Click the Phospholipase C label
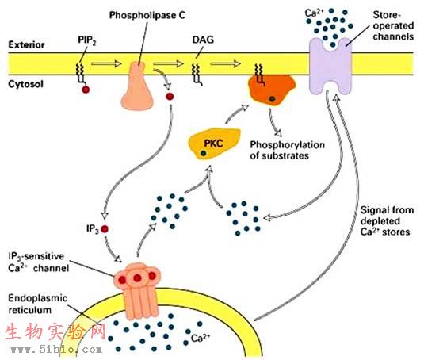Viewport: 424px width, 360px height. [x=147, y=15]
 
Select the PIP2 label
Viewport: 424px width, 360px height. [x=87, y=40]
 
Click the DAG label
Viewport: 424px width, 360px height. [x=203, y=40]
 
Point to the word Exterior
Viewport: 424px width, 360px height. [x=26, y=44]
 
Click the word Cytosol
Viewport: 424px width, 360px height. [x=25, y=84]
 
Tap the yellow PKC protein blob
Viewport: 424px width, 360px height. [x=214, y=144]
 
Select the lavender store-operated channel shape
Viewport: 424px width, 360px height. [x=330, y=67]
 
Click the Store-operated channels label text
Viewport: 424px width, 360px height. [x=393, y=25]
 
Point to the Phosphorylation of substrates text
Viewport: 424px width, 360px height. [x=287, y=150]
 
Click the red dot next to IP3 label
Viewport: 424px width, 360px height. [x=105, y=229]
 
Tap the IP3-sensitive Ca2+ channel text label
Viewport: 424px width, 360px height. [x=36, y=262]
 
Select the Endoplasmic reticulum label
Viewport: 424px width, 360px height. [x=37, y=304]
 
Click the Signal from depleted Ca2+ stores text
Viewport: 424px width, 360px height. [x=387, y=220]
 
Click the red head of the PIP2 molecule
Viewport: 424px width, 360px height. [x=86, y=90]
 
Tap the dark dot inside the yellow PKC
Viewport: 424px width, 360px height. [x=203, y=153]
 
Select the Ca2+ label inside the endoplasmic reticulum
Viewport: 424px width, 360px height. [x=201, y=338]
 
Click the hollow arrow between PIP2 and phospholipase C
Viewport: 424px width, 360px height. [x=106, y=64]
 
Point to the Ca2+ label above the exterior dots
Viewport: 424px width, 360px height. [x=314, y=13]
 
